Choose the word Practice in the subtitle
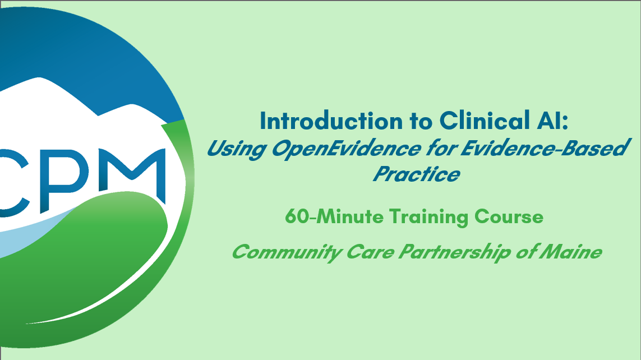click(416, 174)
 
